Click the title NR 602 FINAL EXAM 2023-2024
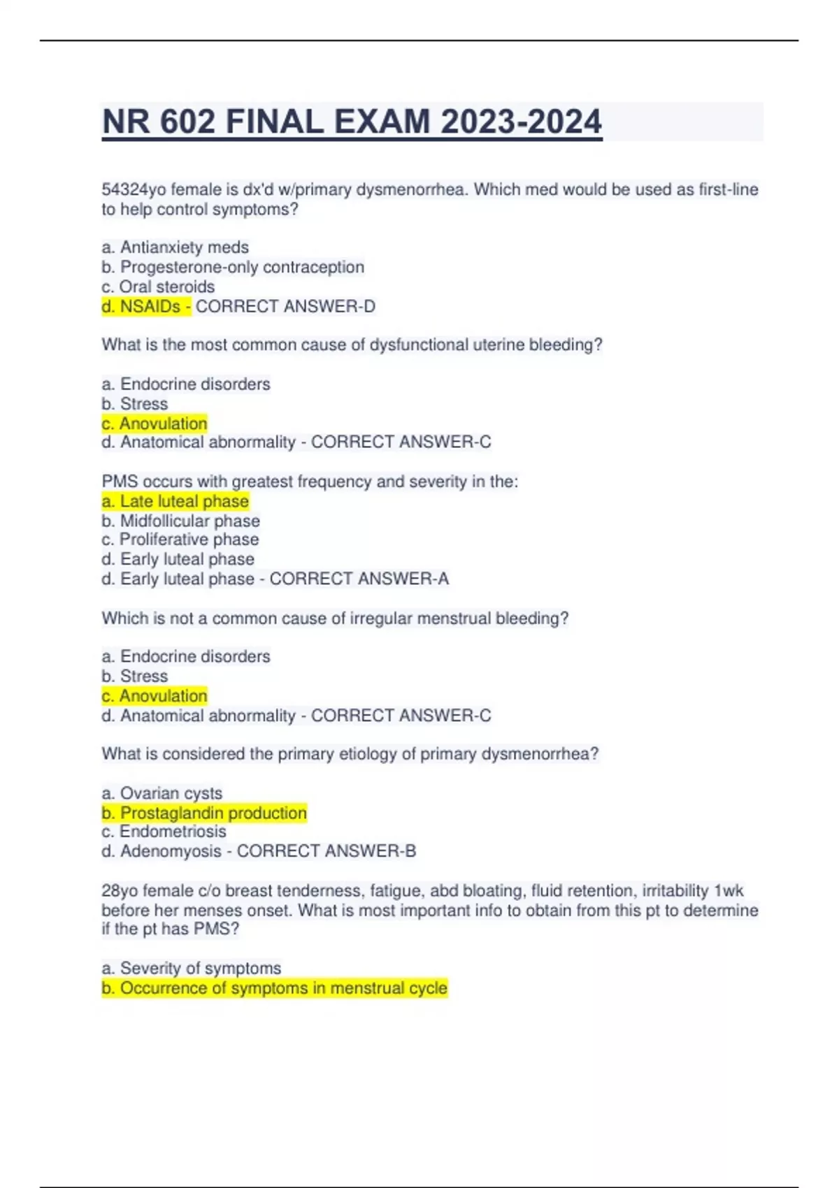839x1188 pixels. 352,122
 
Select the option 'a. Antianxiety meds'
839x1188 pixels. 175,247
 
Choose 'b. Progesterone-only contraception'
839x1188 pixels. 233,267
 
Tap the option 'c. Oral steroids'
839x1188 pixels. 158,287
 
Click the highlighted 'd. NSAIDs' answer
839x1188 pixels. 145,306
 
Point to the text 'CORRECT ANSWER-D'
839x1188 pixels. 285,306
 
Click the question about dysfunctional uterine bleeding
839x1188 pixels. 352,345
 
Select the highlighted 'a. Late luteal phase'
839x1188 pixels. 175,501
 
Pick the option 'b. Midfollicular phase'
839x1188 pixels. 180,521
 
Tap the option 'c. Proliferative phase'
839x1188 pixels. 180,539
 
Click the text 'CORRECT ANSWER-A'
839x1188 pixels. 359,579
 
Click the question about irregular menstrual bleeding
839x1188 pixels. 335,618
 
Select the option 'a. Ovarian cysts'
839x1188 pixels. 162,793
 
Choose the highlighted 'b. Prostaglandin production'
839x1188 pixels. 204,813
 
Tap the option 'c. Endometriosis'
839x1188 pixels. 164,832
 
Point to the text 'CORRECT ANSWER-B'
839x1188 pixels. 327,851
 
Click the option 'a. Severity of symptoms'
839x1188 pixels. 191,968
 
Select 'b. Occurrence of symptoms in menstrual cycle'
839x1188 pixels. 274,988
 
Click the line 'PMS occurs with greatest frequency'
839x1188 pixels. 310,481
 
